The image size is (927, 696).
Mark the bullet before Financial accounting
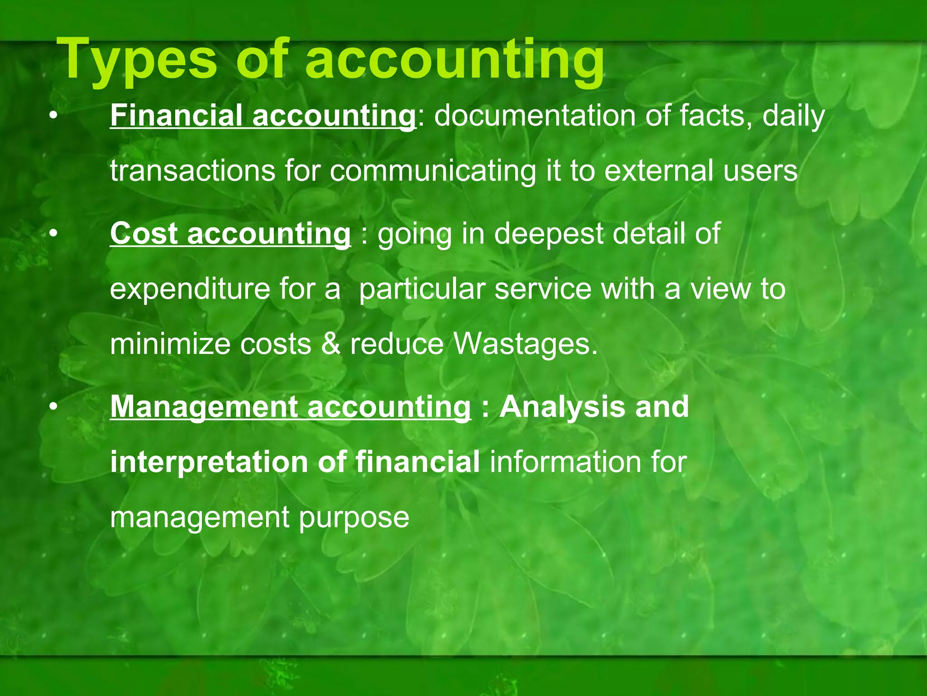(54, 116)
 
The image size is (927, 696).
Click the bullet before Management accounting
(54, 407)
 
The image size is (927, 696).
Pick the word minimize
(170, 344)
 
